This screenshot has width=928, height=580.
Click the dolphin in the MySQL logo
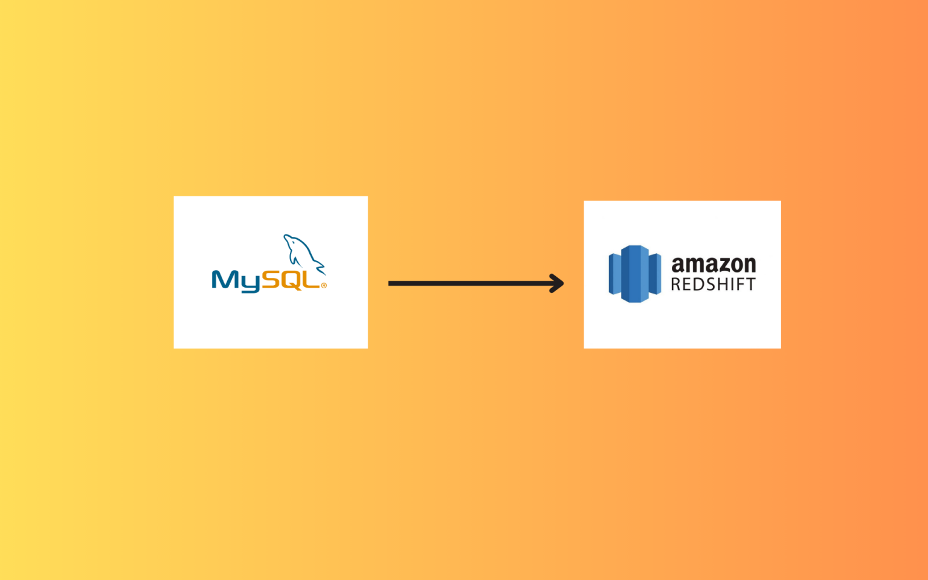click(302, 251)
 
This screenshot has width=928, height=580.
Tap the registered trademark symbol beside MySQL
click(324, 286)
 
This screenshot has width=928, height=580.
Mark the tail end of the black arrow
click(391, 283)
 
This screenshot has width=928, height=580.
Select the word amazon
click(714, 265)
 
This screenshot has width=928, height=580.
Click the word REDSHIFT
click(713, 285)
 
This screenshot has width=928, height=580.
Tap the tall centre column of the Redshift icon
click(634, 274)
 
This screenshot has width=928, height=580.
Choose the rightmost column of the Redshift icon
click(655, 274)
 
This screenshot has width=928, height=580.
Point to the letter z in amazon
click(718, 266)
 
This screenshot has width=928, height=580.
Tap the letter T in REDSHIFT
click(750, 285)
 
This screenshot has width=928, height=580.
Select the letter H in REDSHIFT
click(723, 285)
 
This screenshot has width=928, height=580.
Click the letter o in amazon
click(732, 266)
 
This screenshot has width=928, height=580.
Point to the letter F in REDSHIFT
click(739, 285)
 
